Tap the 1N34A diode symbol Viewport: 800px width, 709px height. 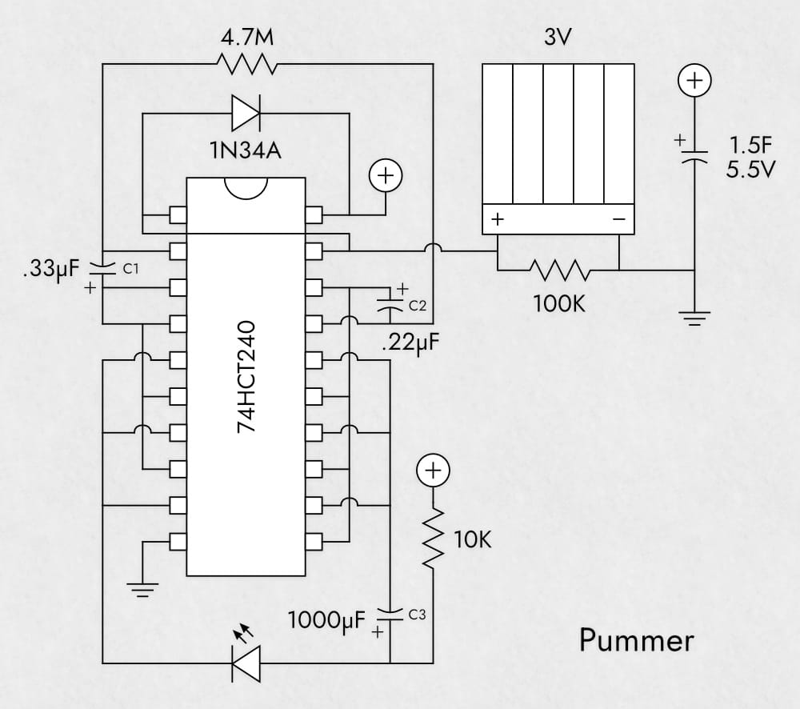click(x=245, y=113)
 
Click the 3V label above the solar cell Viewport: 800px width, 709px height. click(x=558, y=38)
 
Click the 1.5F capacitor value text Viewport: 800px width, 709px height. click(x=750, y=146)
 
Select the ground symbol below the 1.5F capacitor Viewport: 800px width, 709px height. click(x=694, y=320)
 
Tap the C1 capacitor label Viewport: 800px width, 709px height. click(x=130, y=270)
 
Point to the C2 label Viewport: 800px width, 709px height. click(x=418, y=306)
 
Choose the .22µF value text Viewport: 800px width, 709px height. click(x=410, y=344)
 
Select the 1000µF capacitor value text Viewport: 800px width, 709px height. click(x=326, y=619)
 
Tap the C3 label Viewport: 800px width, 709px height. click(x=418, y=615)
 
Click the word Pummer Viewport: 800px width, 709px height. click(x=636, y=640)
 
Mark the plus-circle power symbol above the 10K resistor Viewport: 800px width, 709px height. click(x=432, y=471)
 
